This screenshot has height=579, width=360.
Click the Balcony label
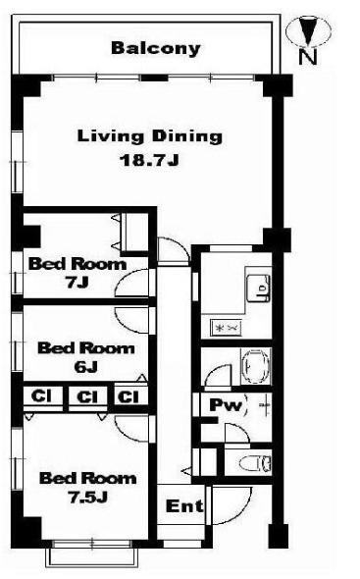156,48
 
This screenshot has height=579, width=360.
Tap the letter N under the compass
308,57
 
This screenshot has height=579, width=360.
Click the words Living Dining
150,137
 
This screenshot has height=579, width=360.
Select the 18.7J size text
149,160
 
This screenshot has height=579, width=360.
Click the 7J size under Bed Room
77,283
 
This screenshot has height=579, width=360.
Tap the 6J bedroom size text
85,367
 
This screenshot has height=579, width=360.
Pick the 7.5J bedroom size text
87,498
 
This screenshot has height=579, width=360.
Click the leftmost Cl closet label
41,396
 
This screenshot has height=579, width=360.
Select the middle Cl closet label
87,396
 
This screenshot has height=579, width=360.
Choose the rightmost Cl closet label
129,396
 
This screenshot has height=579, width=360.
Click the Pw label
226,405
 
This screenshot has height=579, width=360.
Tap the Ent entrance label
184,505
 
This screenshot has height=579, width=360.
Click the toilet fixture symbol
255,462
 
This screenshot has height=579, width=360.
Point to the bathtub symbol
255,366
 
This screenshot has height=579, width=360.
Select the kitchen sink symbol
258,288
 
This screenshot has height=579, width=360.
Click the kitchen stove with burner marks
226,328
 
